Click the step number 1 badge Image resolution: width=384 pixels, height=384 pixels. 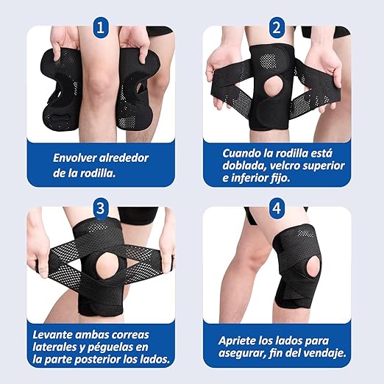(x=101, y=28)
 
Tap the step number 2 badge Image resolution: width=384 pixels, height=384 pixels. (x=277, y=28)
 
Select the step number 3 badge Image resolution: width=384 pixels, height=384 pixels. (x=101, y=209)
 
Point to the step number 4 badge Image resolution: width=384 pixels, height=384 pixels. (x=277, y=209)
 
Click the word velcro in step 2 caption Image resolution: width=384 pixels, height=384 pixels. (x=285, y=166)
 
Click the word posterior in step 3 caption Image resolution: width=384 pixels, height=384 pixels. (x=97, y=360)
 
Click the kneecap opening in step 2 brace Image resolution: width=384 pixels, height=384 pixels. (x=274, y=87)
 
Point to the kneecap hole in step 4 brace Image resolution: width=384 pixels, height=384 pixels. (x=313, y=268)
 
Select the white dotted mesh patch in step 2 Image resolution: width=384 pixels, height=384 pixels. (x=267, y=61)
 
